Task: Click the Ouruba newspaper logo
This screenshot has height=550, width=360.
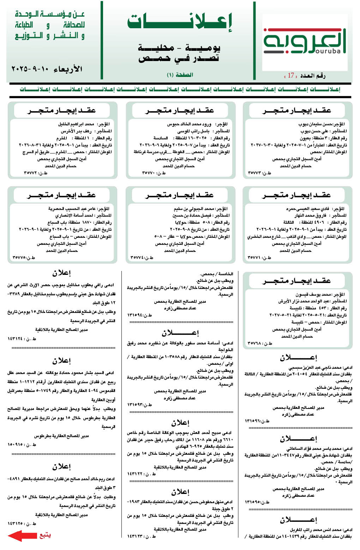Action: (x=305, y=41)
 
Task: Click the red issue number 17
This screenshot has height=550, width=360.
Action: (x=291, y=75)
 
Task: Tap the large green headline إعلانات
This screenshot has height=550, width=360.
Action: (x=180, y=22)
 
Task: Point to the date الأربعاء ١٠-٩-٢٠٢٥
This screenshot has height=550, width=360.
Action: (x=47, y=69)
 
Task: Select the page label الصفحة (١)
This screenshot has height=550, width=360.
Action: (x=180, y=75)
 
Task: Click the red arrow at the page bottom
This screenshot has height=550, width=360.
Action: (x=22, y=536)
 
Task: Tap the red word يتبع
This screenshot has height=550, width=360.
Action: (x=45, y=535)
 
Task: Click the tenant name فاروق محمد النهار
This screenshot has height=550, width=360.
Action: (x=310, y=216)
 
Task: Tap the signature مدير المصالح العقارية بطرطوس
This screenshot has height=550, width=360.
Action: (x=61, y=436)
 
